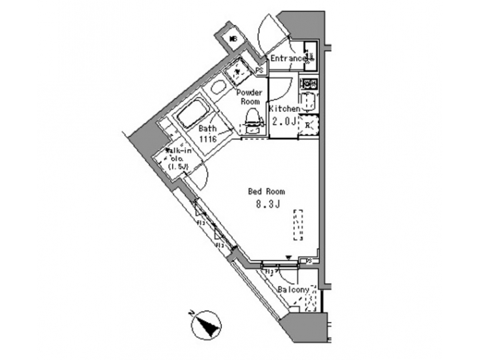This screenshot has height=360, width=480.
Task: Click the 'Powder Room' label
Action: [251, 97]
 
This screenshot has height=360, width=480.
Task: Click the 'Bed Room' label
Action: [262, 191]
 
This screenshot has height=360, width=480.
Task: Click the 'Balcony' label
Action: [294, 290]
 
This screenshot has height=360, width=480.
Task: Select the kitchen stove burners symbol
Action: [309, 84]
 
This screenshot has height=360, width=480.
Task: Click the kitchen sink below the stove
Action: [309, 102]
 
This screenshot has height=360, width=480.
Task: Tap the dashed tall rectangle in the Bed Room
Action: [298, 226]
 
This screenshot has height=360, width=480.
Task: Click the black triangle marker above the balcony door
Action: [288, 258]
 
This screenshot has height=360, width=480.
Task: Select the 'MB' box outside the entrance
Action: [234, 41]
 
